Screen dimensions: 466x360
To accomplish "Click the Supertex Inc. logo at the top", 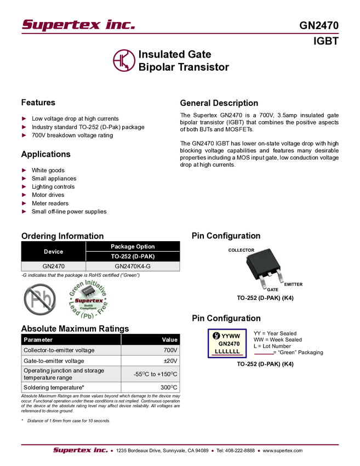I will point(77,25).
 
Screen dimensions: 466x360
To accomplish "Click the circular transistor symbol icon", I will point(124,60).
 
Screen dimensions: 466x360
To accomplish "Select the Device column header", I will point(53,252).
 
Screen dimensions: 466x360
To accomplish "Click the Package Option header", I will point(133,247).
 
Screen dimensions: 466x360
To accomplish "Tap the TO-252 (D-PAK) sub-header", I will point(133,257).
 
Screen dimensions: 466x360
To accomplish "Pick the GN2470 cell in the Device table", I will point(53,266).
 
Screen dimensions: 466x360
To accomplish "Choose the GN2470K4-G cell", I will point(133,266).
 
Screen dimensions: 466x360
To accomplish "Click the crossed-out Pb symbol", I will point(41,299).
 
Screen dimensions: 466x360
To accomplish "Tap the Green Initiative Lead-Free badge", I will point(88,300).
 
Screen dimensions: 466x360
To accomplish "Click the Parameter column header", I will point(38,340).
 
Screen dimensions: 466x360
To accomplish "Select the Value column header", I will point(170,340).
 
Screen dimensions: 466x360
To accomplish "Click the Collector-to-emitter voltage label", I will point(59,350).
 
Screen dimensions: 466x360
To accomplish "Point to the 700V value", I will point(170,350).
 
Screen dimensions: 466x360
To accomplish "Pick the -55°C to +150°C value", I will point(156,374).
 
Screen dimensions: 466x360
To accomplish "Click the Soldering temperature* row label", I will point(54,388).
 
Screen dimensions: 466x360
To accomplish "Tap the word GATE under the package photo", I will point(272,290).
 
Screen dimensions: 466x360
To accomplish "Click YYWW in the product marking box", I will point(231,336).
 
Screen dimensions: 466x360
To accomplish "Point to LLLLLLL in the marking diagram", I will point(227,351).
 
